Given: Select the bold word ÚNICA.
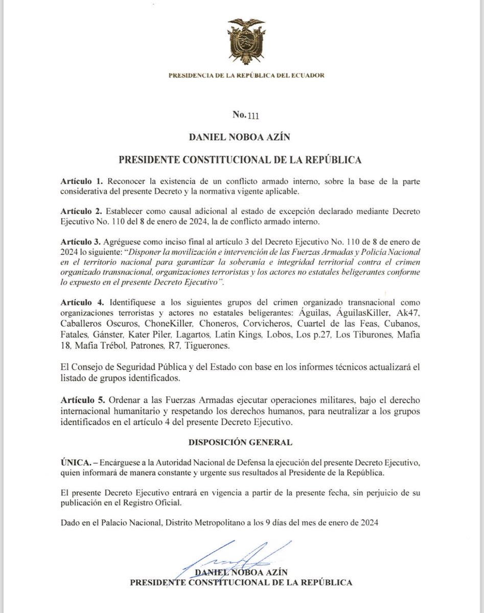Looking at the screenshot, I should tap(76, 462).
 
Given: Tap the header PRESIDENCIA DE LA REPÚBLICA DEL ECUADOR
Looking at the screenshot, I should tap(242, 76).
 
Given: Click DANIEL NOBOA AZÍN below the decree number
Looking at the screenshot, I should tap(240, 137).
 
